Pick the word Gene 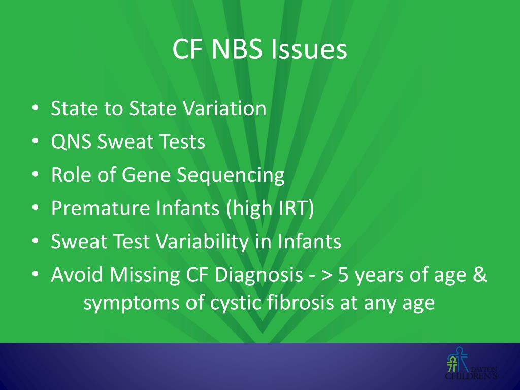(x=149, y=176)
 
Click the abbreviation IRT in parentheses (x=292, y=209)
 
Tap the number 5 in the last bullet (x=344, y=275)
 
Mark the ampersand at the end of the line (x=480, y=275)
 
